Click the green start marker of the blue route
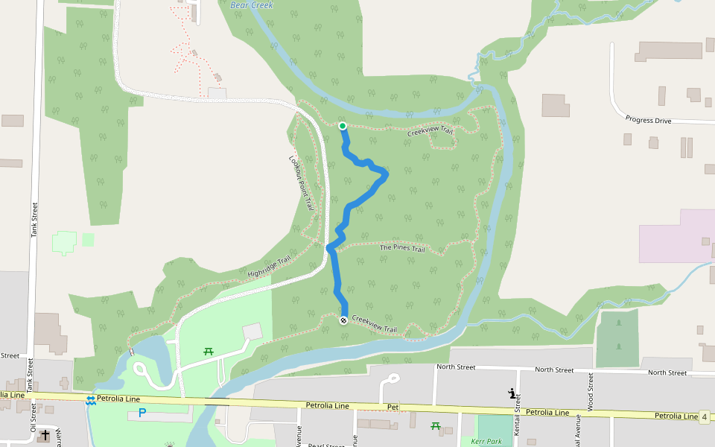point(343,126)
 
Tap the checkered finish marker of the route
point(343,320)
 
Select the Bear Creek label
point(252,5)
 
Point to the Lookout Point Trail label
point(302,183)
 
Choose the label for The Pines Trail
point(402,247)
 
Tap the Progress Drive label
point(648,120)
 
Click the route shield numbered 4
point(704,416)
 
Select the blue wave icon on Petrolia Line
point(90,400)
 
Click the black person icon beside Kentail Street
point(512,393)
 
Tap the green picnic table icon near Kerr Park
point(436,426)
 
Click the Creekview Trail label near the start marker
point(430,132)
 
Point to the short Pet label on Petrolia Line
point(394,407)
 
